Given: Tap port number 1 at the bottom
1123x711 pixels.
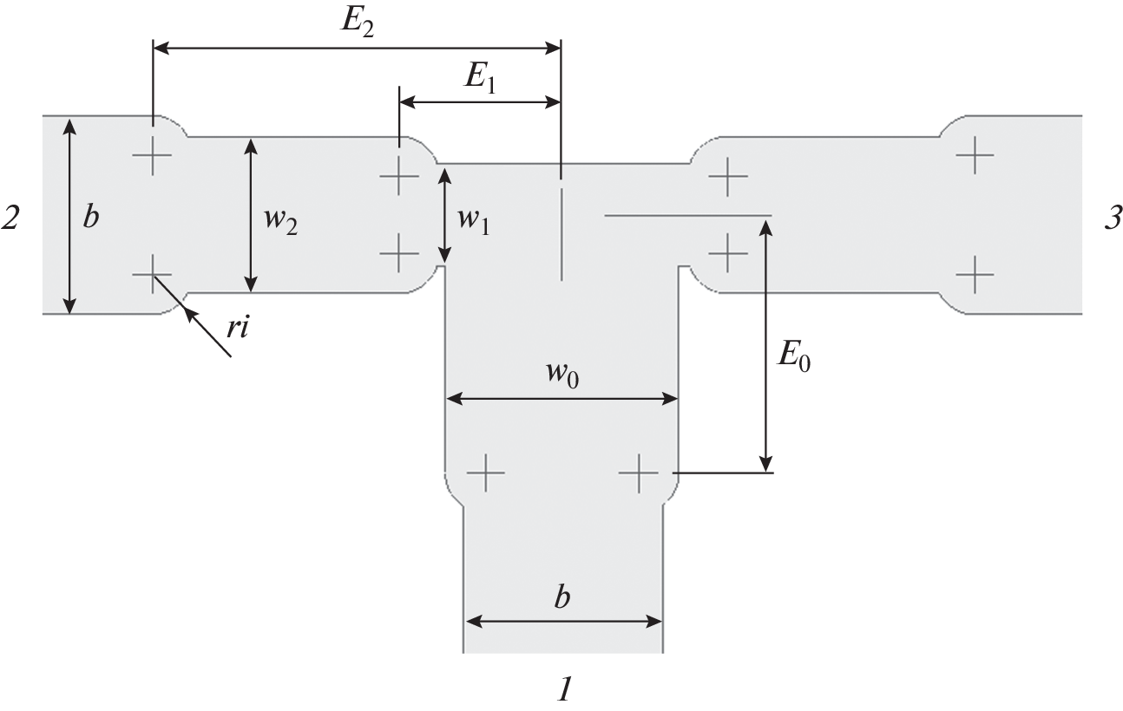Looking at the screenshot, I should click(564, 689).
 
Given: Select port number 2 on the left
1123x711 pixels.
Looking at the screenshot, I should click(10, 218).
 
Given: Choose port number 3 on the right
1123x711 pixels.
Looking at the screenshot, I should click(1112, 218).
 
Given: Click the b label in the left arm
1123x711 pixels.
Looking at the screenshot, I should click(90, 217).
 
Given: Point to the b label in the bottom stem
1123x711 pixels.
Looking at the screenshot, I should click(562, 599).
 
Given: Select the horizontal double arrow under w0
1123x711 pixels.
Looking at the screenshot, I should click(561, 399).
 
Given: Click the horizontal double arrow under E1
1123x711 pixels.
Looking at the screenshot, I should click(479, 101).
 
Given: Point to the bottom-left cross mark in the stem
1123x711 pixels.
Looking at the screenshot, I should click(485, 473).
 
